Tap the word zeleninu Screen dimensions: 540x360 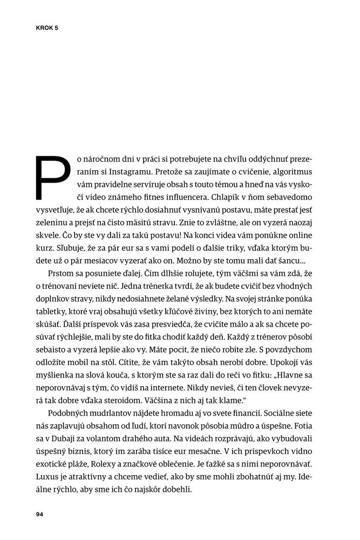(55, 219)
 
